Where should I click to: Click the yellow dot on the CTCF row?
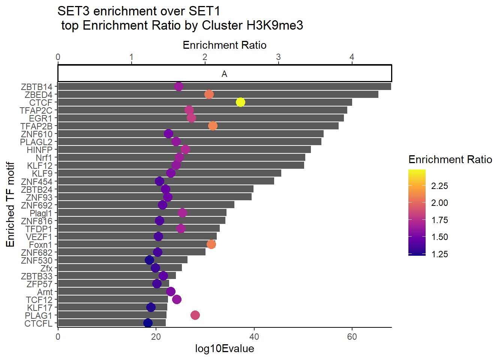240,102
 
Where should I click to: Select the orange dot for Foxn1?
211,244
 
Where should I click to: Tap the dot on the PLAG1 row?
195,315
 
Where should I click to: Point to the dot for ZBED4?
209,94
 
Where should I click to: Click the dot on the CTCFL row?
148,323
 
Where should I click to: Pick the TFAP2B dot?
213,126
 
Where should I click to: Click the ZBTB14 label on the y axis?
36,87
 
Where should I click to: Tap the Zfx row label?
46,268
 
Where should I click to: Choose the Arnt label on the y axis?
45,292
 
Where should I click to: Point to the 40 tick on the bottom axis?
254,336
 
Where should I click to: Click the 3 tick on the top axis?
278,57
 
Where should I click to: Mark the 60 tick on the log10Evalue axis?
352,336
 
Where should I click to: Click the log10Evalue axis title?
224,349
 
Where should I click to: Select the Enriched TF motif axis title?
10,204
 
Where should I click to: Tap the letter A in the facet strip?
224,73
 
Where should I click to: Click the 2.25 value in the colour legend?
439,186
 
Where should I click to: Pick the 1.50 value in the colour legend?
439,237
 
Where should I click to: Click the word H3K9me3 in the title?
274,25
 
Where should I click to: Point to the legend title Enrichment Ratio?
450,160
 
